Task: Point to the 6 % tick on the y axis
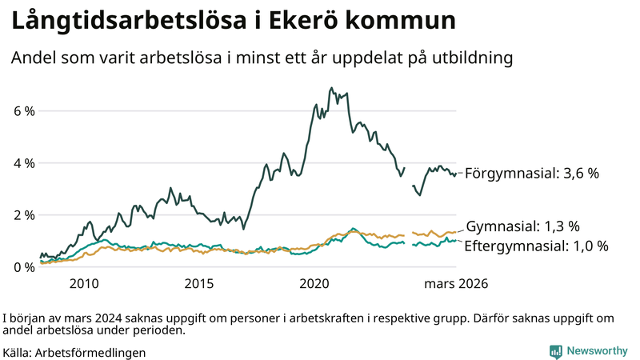point(24,111)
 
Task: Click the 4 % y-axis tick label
point(24,163)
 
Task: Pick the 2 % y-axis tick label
point(24,215)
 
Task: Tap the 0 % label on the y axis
point(24,267)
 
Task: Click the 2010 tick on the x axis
point(84,283)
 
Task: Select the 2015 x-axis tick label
point(199,283)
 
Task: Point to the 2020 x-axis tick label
point(314,283)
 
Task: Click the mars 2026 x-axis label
point(455,283)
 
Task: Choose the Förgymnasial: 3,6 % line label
point(531,173)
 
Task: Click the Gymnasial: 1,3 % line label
point(522,226)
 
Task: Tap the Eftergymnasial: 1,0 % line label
point(536,246)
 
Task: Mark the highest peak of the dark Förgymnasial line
point(331,88)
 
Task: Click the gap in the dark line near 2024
point(409,178)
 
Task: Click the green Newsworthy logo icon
point(555,351)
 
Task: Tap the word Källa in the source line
point(17,352)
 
